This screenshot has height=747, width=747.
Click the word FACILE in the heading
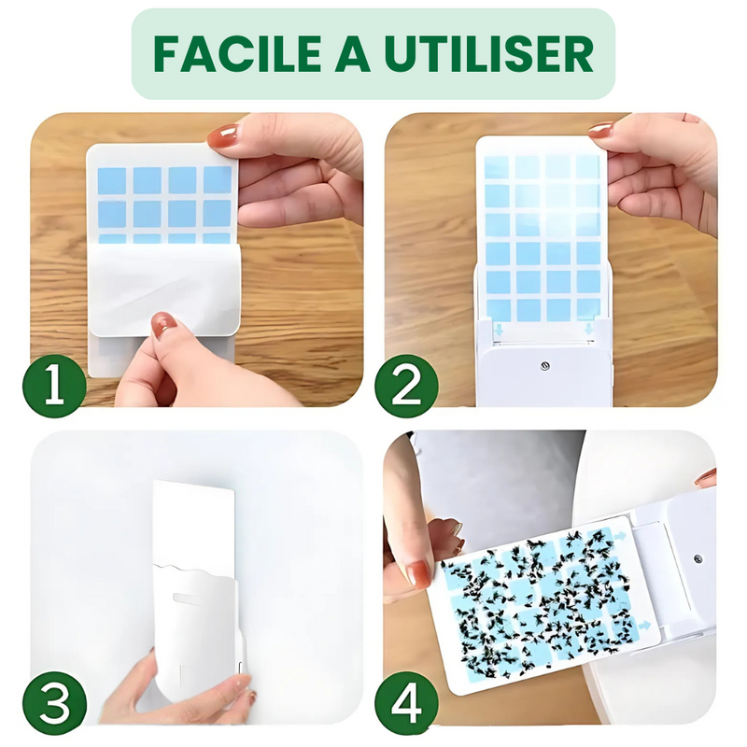237,54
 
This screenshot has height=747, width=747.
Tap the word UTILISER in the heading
489,54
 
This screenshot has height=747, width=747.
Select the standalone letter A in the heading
353,54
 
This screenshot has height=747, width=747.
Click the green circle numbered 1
55,386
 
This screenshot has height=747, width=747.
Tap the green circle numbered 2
406,386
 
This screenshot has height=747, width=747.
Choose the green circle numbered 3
55,703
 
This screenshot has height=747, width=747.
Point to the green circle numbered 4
406,703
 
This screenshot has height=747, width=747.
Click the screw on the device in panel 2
545,366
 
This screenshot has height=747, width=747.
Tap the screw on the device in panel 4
698,558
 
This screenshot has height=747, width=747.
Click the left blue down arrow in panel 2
499,330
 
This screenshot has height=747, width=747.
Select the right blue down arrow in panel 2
589,329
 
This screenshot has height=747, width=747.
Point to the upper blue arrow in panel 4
621,536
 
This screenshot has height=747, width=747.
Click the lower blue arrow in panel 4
644,626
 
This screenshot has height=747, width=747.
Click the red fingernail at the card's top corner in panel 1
223,136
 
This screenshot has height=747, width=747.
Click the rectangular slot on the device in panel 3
189,598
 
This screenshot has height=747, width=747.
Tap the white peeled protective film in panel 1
164,289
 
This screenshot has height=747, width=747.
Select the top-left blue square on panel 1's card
111,180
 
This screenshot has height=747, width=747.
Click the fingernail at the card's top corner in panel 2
600,130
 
